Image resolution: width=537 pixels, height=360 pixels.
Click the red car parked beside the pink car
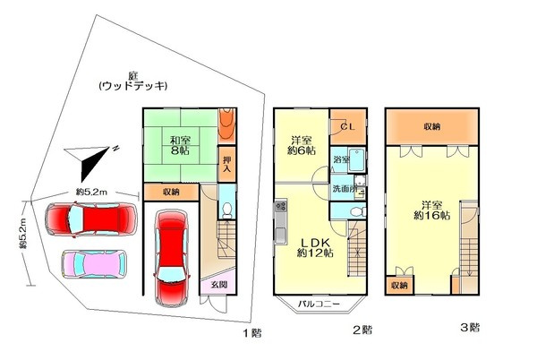pos(87,219)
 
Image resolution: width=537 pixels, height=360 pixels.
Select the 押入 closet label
pos(226,162)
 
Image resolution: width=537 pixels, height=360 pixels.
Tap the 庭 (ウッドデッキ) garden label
pos(133,80)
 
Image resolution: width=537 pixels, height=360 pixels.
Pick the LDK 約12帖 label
pos(314,247)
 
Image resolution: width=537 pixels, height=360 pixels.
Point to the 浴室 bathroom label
pos(340,160)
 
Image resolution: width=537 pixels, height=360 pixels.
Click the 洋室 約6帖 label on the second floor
pos(299,145)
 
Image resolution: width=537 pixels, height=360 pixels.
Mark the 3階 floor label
pos(469,328)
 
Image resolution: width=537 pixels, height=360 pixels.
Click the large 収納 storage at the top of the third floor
pos(430,127)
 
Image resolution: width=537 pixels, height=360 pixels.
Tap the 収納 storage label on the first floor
pos(170,192)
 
